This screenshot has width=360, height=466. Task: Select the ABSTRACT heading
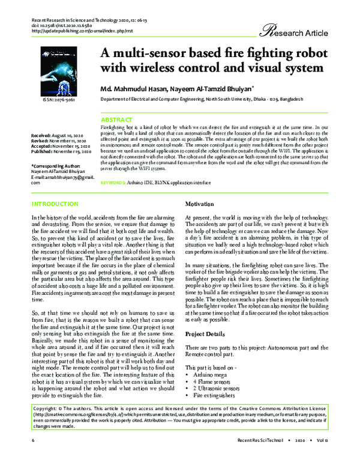(x=116, y=120)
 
